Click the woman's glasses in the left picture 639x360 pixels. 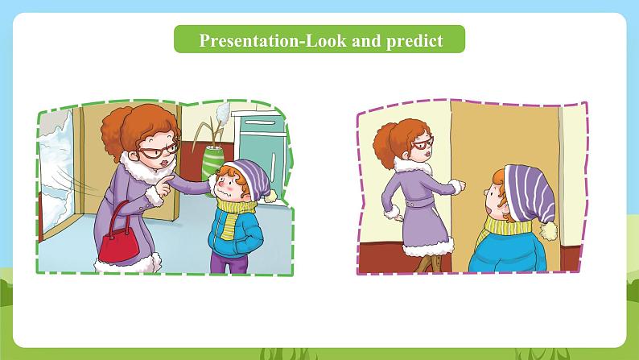click(159, 151)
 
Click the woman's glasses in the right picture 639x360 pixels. click(423, 144)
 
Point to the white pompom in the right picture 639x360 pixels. click(549, 231)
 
